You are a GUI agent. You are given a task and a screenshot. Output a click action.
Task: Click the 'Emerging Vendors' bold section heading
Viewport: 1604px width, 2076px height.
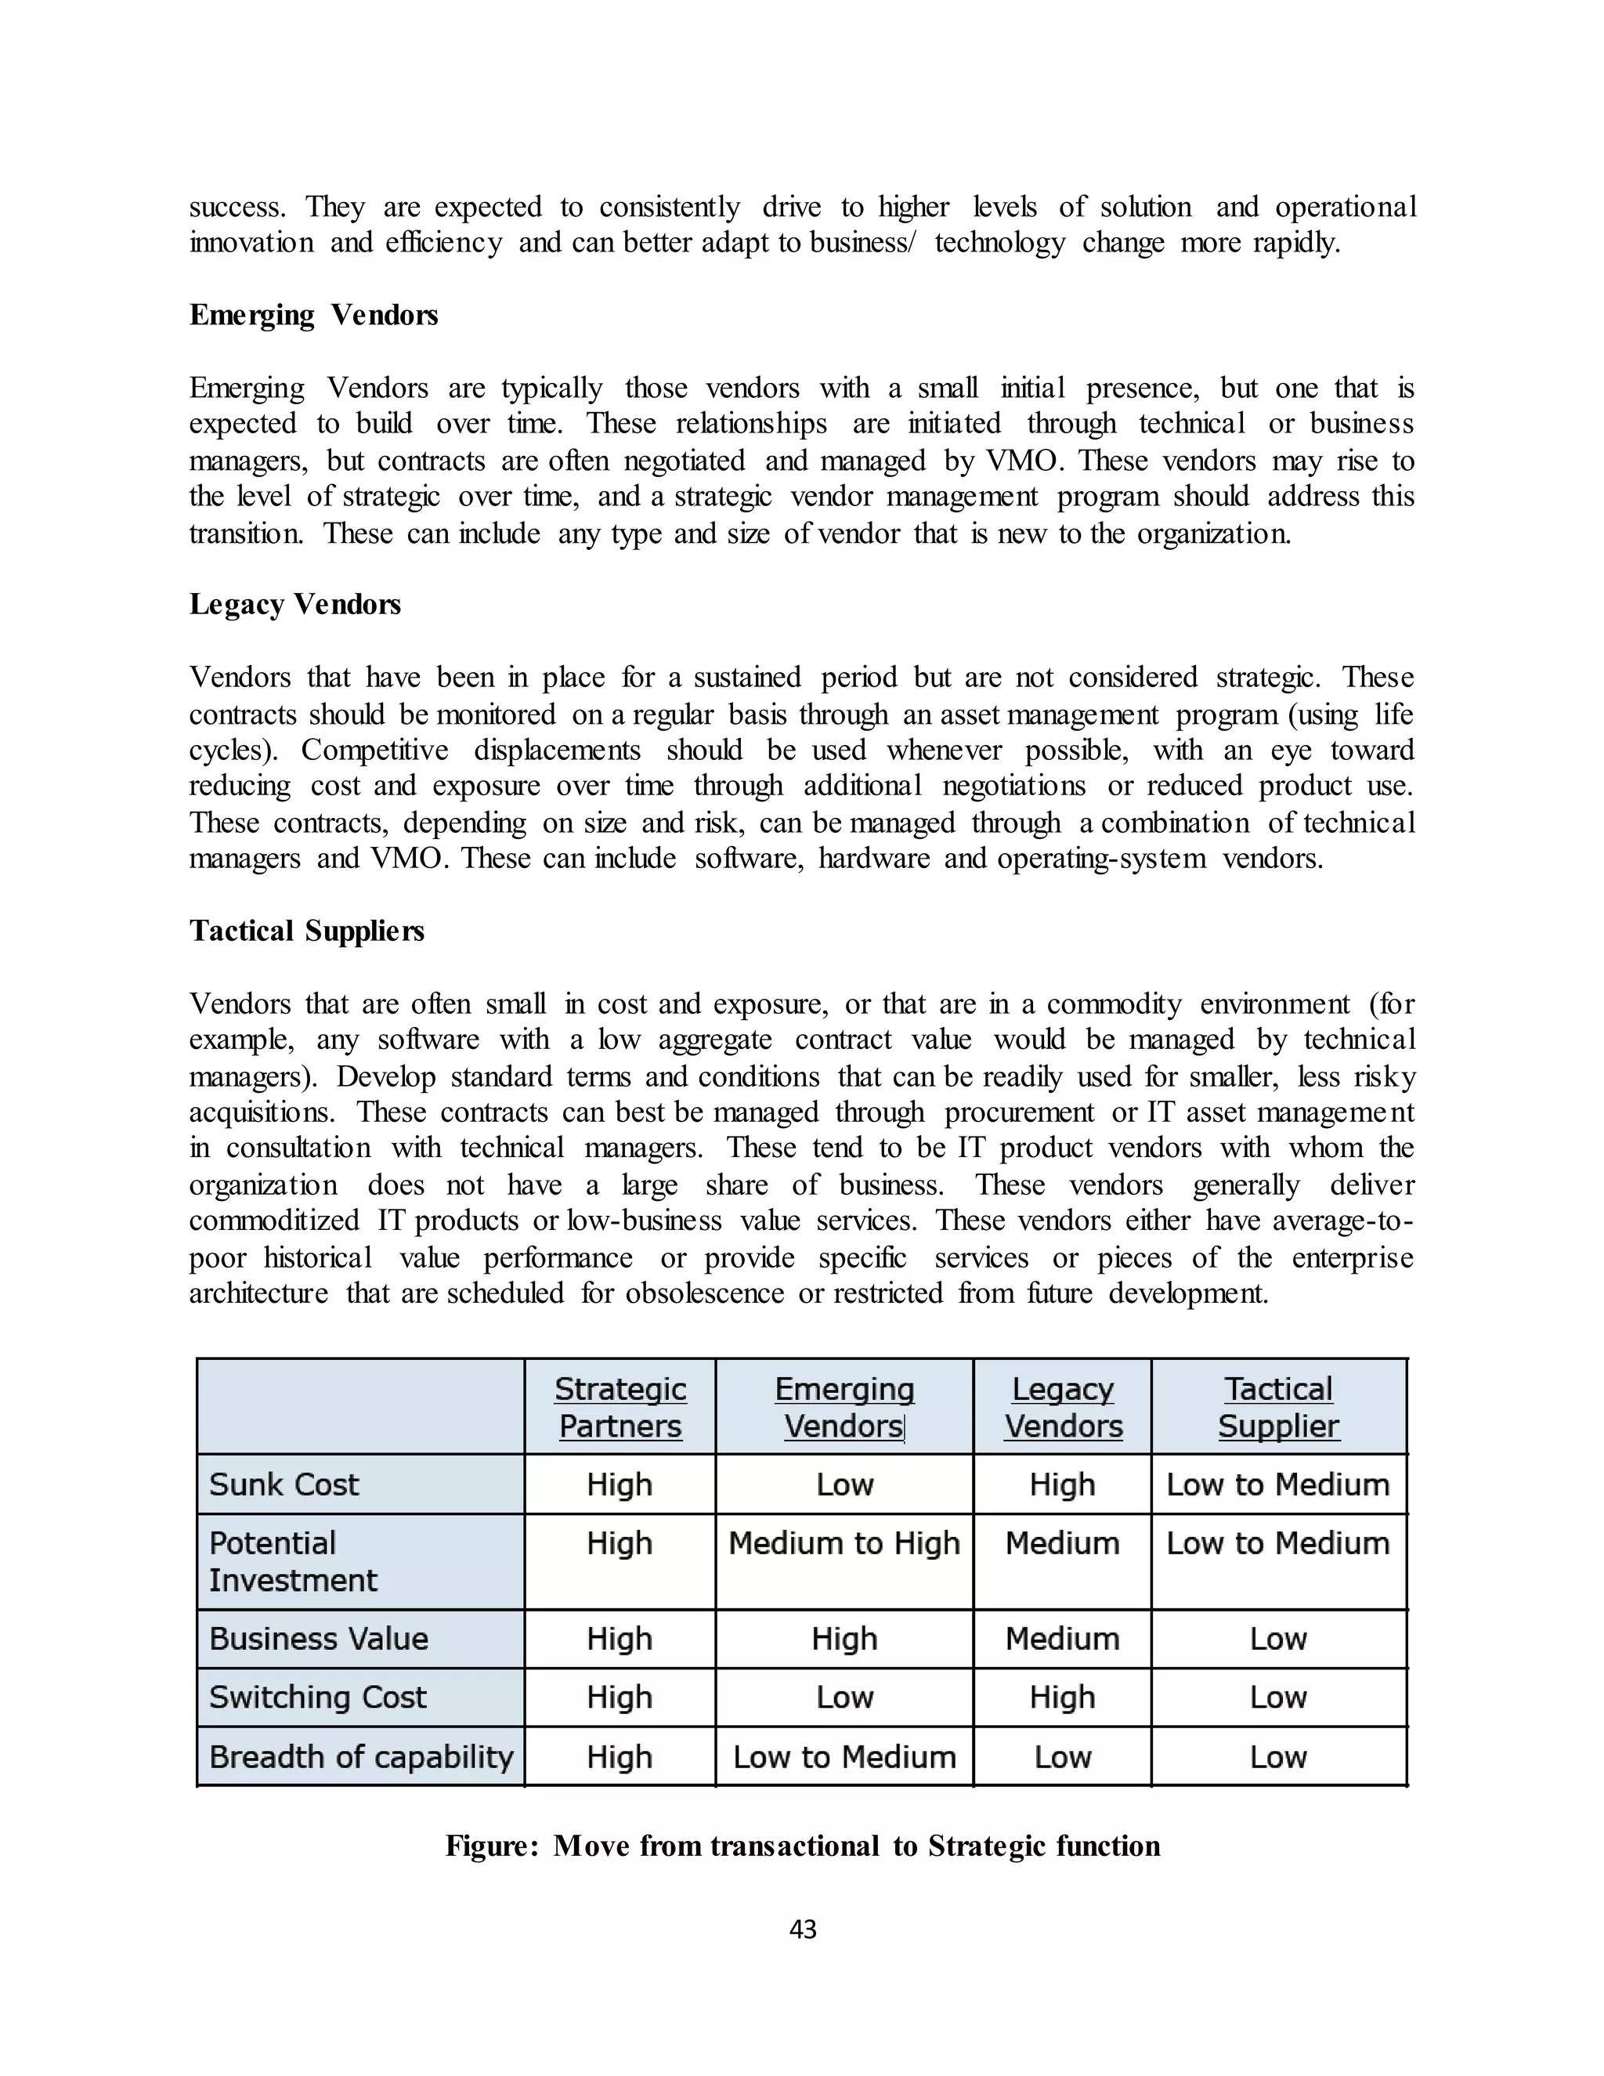point(313,315)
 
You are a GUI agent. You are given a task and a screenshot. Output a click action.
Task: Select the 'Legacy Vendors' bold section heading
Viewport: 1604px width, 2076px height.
point(294,605)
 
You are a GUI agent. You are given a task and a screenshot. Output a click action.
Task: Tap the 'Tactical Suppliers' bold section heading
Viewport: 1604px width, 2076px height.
point(306,931)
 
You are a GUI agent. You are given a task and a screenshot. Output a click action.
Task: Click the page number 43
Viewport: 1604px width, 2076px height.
point(803,1930)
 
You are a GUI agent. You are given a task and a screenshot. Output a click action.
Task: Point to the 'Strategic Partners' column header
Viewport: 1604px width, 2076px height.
point(620,1407)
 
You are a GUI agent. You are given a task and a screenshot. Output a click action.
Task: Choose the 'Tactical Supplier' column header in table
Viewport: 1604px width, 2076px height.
point(1278,1407)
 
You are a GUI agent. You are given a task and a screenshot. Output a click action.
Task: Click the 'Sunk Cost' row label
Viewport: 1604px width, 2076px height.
point(284,1485)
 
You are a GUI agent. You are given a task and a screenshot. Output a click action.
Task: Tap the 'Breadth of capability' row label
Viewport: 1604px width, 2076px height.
point(361,1756)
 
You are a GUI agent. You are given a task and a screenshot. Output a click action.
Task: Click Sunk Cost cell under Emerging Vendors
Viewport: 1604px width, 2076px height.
point(844,1485)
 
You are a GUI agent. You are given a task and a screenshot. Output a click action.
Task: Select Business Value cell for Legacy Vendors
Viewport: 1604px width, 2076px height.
point(1062,1639)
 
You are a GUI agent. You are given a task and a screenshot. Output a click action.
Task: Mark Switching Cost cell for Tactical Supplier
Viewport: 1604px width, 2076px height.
point(1278,1698)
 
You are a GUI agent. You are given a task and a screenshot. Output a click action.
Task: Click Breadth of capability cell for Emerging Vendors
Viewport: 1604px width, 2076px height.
point(844,1756)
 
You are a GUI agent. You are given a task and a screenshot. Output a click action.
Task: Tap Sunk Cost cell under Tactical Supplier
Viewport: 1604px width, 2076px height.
point(1278,1485)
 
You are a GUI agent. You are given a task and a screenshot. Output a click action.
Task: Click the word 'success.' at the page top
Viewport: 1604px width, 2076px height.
point(237,208)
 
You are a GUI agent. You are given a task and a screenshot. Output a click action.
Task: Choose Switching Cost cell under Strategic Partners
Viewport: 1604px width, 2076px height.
point(620,1698)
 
